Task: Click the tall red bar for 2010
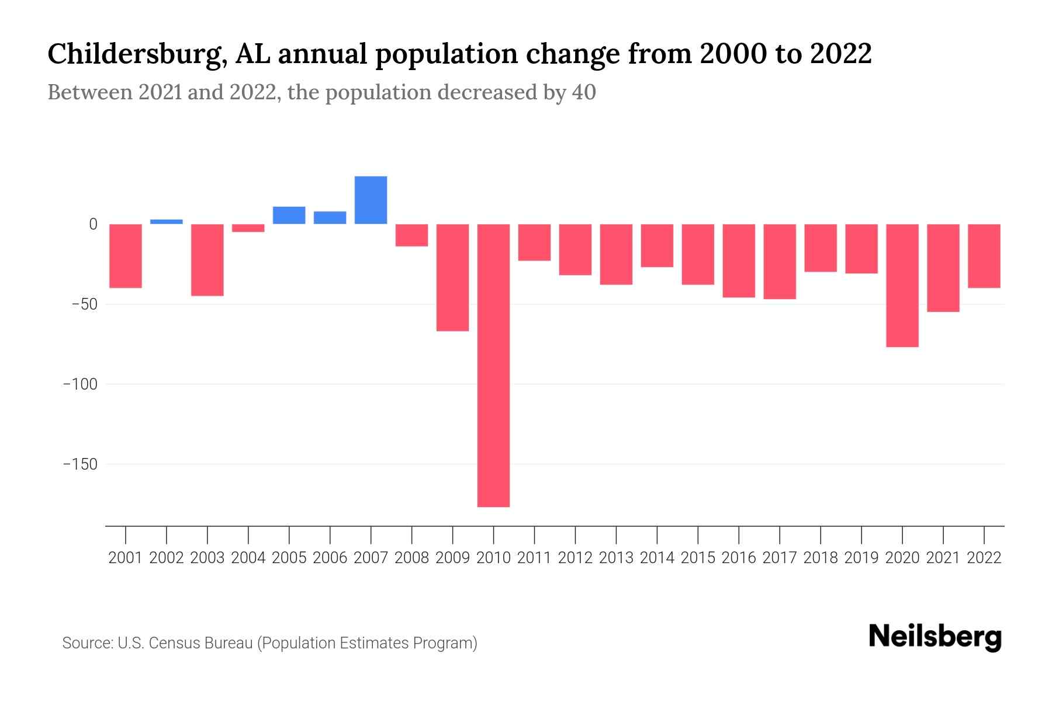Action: point(493,365)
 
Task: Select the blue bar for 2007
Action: point(371,200)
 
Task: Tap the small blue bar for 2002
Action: point(167,221)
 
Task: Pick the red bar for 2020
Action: point(902,285)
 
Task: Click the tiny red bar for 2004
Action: point(248,228)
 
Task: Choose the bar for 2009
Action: point(452,277)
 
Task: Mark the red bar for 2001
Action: point(126,256)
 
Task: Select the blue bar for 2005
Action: point(289,215)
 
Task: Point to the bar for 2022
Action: point(984,256)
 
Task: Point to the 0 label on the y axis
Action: point(93,224)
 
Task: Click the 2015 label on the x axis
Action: point(698,558)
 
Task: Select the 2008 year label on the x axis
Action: point(411,558)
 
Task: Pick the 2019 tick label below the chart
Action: point(861,558)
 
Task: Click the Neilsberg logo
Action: point(935,637)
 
